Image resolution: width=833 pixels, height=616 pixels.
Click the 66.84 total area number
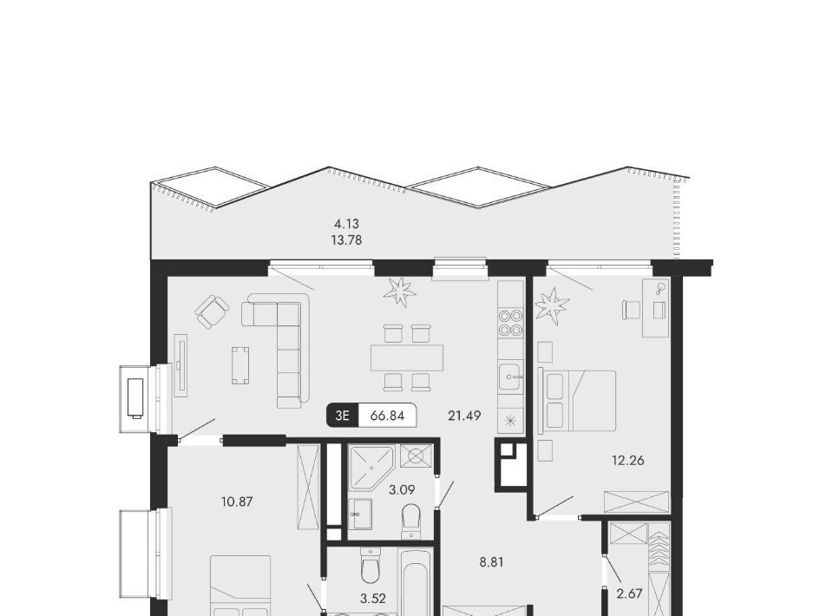click(387, 416)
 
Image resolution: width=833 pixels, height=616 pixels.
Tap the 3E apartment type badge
click(343, 416)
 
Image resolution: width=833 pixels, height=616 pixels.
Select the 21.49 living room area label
click(464, 416)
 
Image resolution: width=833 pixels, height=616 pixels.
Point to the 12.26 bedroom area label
click(628, 461)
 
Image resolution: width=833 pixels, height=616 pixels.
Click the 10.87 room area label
click(237, 501)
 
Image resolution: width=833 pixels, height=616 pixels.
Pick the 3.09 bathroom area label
click(402, 489)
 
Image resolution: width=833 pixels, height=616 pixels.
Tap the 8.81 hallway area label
click(491, 562)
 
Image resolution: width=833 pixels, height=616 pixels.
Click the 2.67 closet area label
click(630, 593)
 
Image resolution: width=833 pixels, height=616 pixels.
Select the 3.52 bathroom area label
click(373, 599)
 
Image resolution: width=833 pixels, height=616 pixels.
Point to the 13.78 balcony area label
click(346, 240)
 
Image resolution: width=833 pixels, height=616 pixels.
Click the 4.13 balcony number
click(346, 224)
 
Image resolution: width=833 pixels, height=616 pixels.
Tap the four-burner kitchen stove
click(510, 324)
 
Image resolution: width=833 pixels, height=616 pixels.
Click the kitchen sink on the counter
click(511, 377)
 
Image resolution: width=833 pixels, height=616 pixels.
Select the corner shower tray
click(371, 468)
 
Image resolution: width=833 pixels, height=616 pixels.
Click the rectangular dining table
click(407, 358)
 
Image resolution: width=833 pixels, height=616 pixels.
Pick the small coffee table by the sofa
click(240, 364)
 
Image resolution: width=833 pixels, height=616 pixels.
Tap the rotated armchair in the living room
click(212, 311)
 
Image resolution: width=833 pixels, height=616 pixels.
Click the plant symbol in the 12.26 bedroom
click(552, 305)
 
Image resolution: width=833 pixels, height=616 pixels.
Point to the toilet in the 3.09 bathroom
click(411, 521)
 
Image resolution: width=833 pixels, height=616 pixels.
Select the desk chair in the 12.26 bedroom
click(631, 310)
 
